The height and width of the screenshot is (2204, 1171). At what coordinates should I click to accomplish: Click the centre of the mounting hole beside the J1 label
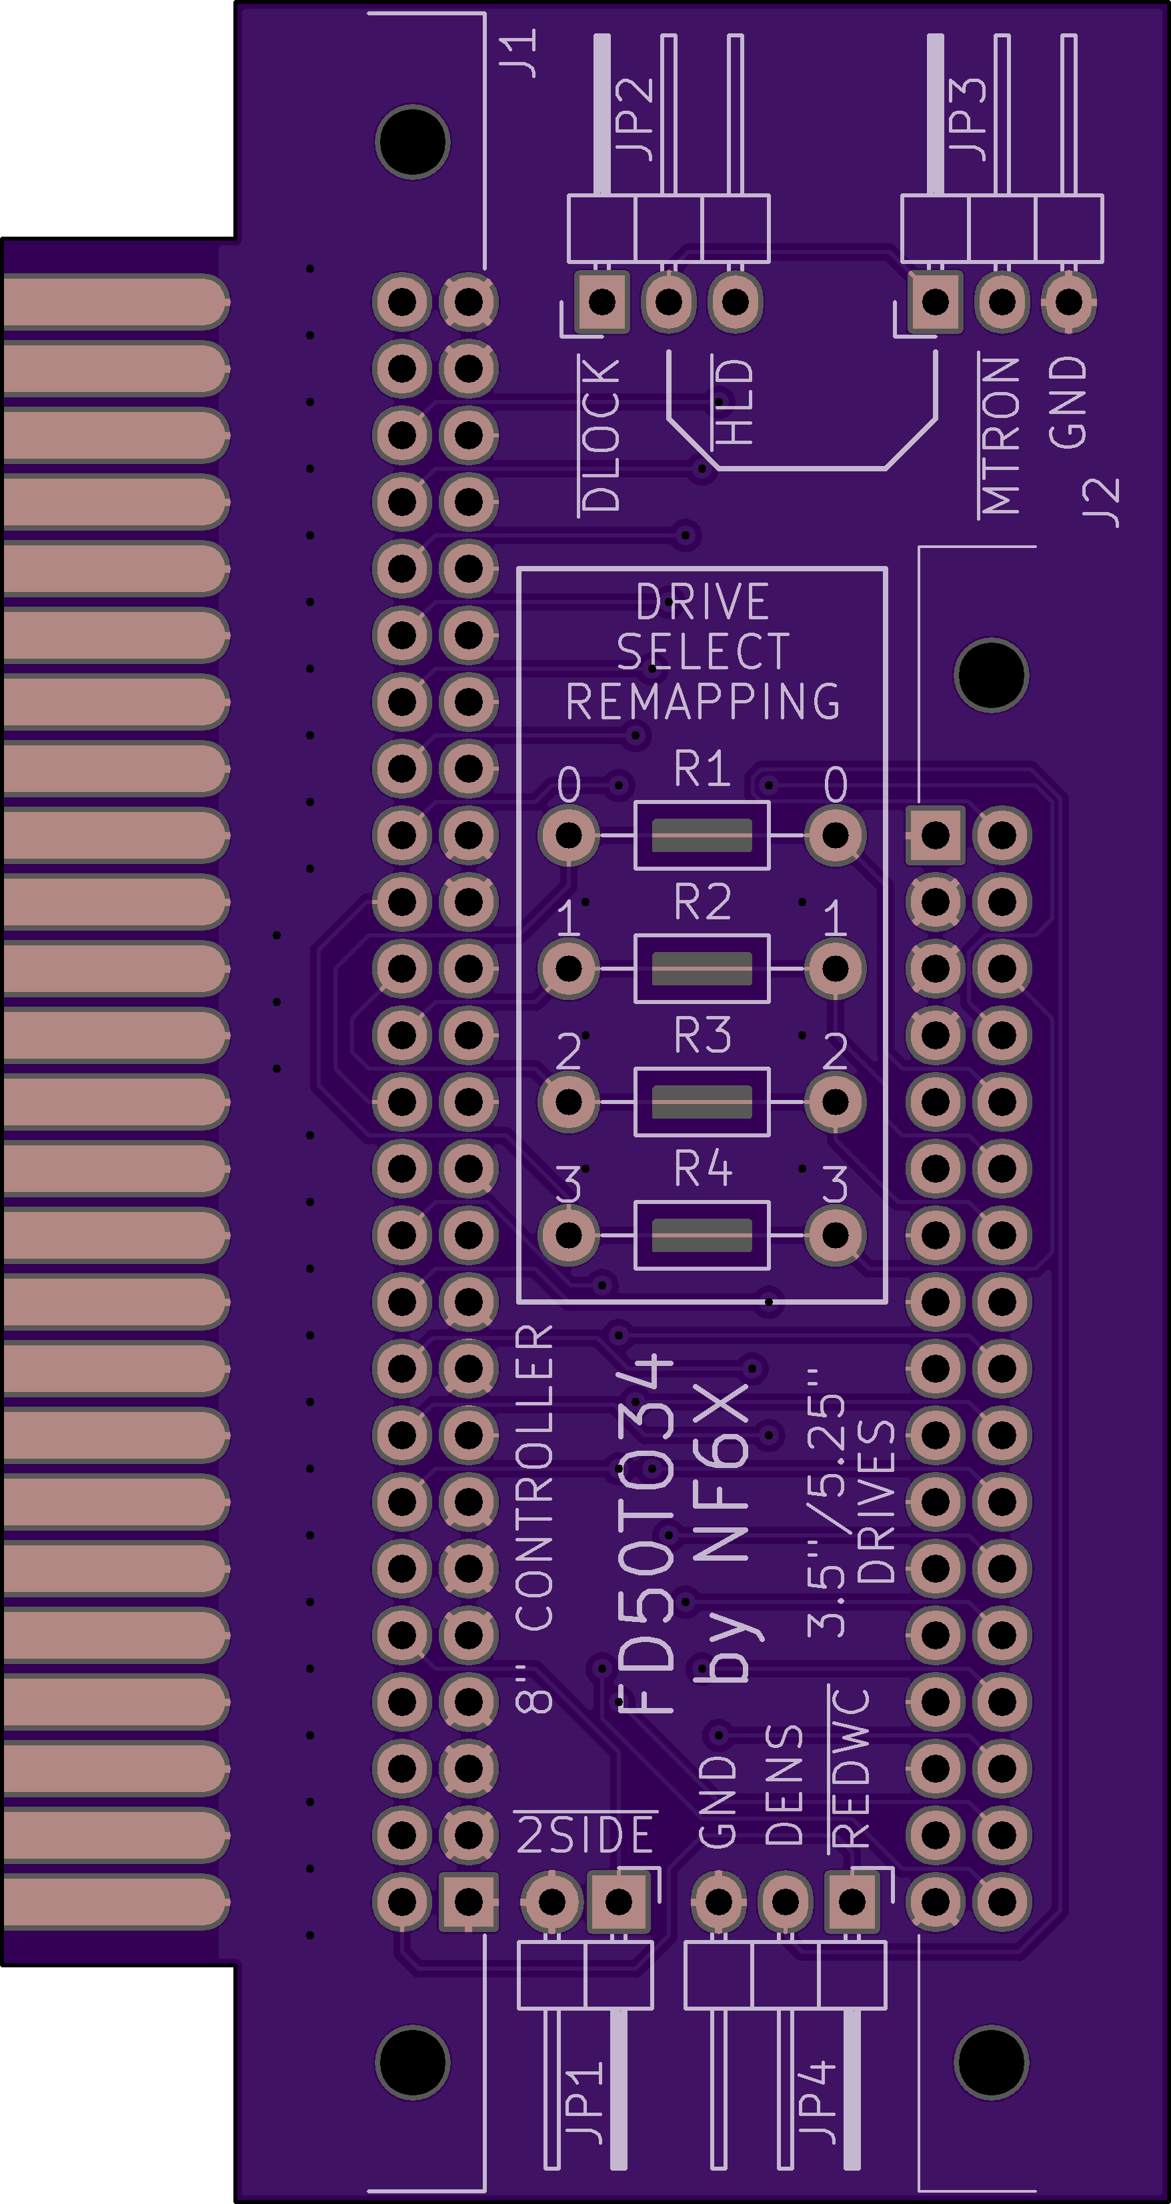[413, 142]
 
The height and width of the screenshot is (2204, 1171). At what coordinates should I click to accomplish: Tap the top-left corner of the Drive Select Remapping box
[519, 568]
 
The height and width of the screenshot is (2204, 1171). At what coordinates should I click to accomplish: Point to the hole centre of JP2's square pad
[602, 301]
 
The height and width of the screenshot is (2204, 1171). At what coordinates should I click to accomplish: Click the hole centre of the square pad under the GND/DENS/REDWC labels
[852, 1901]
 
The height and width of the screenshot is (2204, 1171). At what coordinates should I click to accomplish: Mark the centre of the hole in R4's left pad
[568, 1235]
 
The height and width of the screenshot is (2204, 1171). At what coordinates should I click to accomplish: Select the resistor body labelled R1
[702, 835]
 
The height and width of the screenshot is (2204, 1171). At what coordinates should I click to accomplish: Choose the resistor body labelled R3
[702, 1101]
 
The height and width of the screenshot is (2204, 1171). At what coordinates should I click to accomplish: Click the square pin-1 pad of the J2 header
[935, 835]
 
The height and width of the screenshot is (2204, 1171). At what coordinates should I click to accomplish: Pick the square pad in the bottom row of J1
[468, 1901]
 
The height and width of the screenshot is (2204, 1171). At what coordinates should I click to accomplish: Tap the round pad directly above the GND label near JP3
[1068, 301]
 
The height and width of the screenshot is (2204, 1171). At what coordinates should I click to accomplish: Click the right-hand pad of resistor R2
[835, 969]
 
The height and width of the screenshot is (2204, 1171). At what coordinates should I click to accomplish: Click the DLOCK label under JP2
[601, 435]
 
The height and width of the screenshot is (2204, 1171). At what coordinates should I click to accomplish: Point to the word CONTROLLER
[535, 1477]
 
